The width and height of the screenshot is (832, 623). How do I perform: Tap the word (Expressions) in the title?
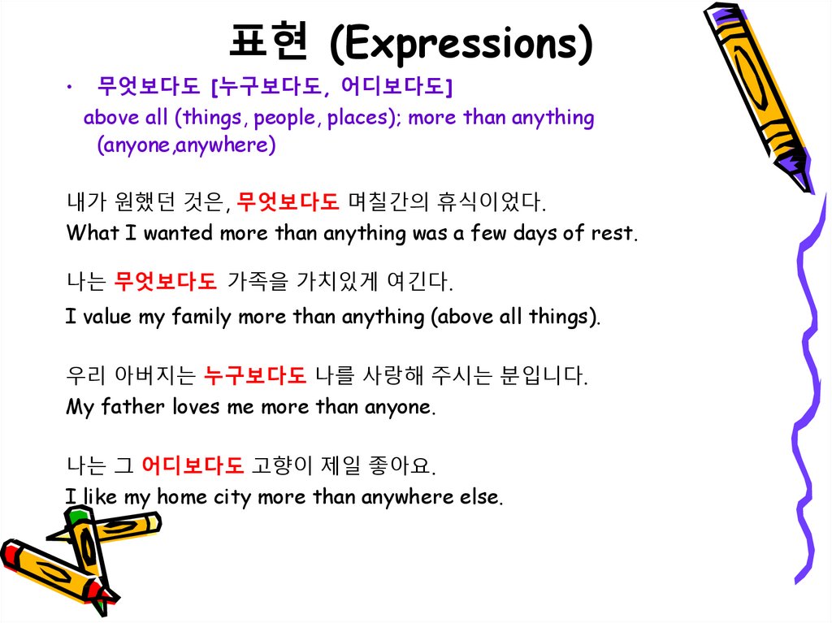(x=461, y=44)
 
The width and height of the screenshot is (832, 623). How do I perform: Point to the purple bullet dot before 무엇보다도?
(x=72, y=85)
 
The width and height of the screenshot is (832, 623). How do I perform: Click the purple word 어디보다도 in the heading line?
(x=395, y=85)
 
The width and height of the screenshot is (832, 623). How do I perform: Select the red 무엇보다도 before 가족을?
(x=166, y=282)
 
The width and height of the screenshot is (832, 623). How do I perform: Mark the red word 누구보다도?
(x=255, y=376)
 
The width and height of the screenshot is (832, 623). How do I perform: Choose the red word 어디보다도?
(x=193, y=466)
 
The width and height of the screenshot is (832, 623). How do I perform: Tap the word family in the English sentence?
(x=201, y=317)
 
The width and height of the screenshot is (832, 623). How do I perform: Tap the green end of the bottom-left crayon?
(x=79, y=514)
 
